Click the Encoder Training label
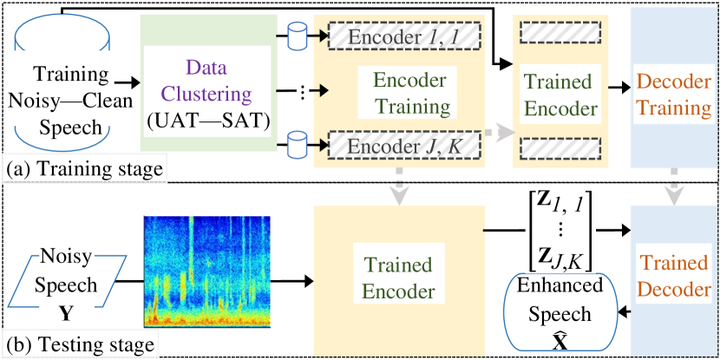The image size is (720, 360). tap(411, 93)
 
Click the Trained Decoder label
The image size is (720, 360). tap(673, 275)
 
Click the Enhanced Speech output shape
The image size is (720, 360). tap(560, 312)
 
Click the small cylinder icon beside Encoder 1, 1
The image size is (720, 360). tap(298, 36)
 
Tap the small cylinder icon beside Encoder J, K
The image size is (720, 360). tap(298, 142)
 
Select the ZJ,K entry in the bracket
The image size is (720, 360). tap(560, 257)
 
